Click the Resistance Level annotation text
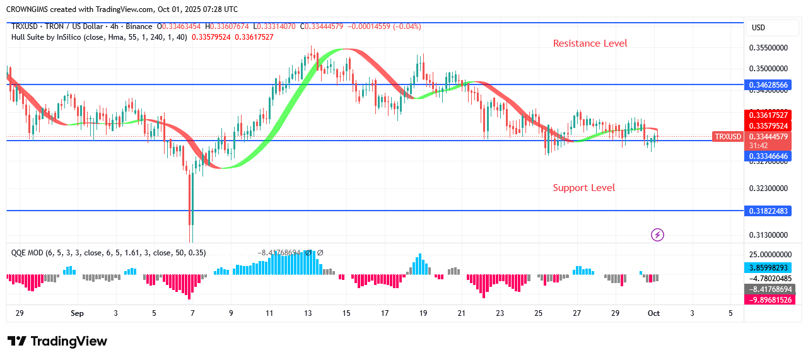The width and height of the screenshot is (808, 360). (590, 44)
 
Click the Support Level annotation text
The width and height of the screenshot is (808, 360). (583, 188)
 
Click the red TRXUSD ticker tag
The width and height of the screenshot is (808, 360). (727, 137)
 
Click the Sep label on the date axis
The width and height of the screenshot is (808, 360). (77, 313)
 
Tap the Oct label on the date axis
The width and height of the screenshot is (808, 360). (654, 313)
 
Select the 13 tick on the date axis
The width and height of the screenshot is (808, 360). (308, 313)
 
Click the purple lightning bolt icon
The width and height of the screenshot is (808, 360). (657, 235)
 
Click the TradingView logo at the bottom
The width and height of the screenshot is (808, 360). (57, 341)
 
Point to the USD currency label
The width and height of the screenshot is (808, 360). (758, 28)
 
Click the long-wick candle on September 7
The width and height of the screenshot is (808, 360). (191, 202)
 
